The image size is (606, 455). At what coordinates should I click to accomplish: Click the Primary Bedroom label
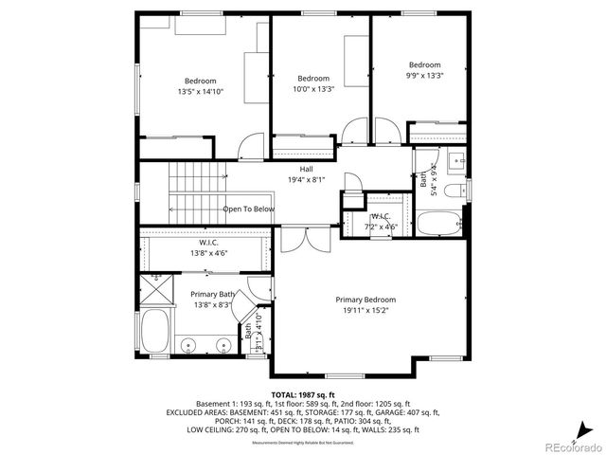click(x=365, y=299)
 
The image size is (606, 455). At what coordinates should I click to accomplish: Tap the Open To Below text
click(x=248, y=209)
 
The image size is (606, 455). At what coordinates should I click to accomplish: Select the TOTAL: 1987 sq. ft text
click(x=303, y=393)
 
